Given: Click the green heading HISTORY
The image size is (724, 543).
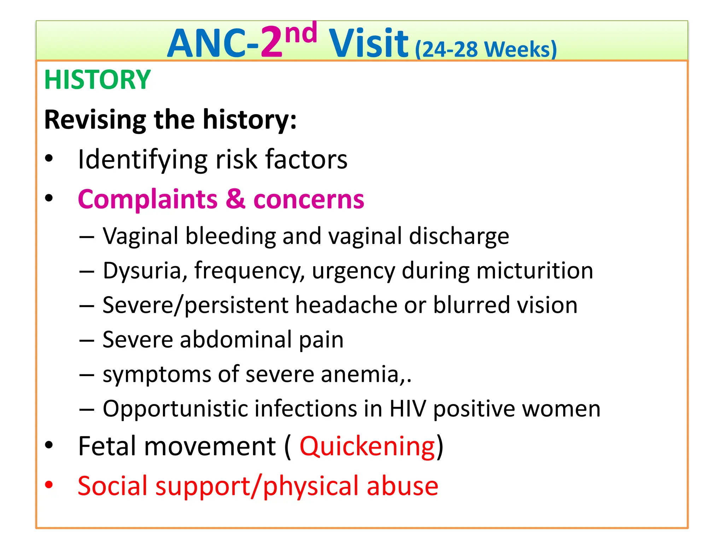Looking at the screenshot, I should [97, 80].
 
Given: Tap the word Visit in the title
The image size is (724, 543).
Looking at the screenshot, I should [368, 43].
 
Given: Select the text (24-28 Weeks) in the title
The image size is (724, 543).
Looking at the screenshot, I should [486, 49].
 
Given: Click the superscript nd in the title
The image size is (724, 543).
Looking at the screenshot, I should [301, 33].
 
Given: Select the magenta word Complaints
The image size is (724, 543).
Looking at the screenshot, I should [147, 199].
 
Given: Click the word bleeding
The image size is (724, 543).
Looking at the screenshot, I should [231, 236].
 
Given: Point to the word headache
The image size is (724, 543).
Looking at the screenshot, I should [346, 305].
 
